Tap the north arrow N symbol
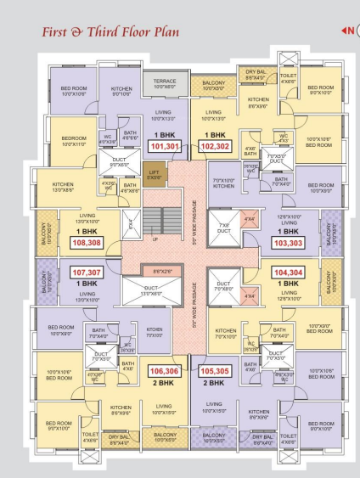[347, 31]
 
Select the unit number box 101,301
[165, 146]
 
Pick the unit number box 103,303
[287, 243]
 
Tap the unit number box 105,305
[215, 371]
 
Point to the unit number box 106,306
[165, 371]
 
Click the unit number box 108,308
[87, 243]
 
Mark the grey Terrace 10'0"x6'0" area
[165, 83]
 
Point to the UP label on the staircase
[154, 239]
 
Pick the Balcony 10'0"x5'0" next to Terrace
[213, 84]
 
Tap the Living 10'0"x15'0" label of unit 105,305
[213, 408]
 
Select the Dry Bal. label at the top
[256, 74]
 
